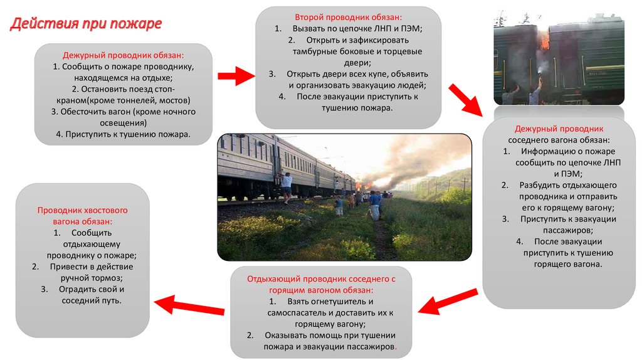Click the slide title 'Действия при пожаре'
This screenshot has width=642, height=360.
86,23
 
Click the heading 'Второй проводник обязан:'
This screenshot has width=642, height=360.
349,17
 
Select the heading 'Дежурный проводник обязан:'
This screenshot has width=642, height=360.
124,55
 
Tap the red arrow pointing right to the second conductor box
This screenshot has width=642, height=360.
236,76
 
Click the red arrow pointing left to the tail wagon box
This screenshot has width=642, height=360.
189,305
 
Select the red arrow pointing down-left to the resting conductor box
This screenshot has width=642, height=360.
448,301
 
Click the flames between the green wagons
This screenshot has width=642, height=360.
545,41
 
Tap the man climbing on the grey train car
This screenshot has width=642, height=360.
286,187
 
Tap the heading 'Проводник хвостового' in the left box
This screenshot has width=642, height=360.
82,211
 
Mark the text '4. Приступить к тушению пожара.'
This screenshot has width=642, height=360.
124,134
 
